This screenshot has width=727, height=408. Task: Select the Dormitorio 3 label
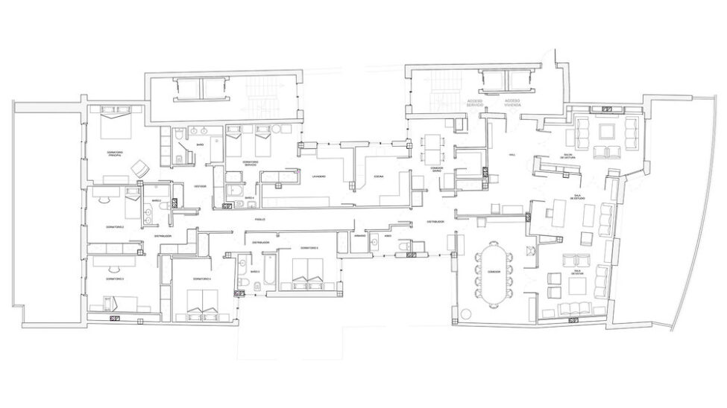[x=114, y=278]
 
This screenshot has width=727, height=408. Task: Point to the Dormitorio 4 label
[x=201, y=278]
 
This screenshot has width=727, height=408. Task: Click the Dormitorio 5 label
[x=309, y=247]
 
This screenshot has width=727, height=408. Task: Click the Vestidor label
[x=200, y=186]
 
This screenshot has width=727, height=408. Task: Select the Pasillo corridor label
[x=259, y=220]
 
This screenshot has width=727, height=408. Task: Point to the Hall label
[x=512, y=154]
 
